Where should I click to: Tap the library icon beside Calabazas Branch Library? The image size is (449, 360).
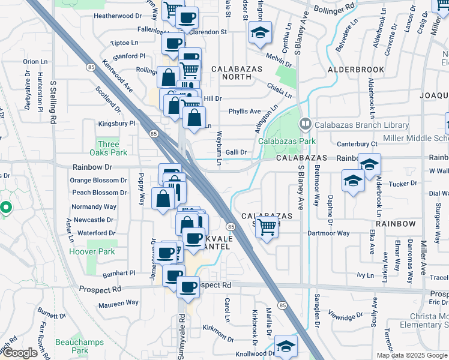click(305, 125)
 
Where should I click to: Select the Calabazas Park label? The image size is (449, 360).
click(287, 141)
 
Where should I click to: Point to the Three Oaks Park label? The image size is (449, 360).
click(109, 148)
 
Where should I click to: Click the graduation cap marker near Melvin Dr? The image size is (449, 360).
click(261, 33)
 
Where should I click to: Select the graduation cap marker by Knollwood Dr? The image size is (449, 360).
click(286, 346)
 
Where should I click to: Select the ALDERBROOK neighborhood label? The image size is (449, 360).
click(356, 70)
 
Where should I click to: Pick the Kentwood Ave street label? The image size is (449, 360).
click(117, 74)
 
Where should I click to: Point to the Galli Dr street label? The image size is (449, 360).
click(236, 152)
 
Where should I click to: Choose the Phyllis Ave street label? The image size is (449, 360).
click(244, 111)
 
